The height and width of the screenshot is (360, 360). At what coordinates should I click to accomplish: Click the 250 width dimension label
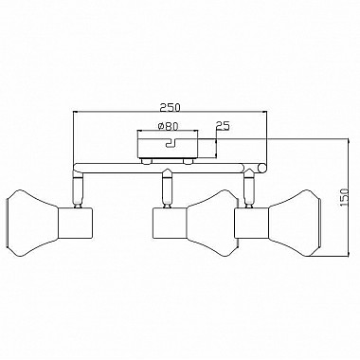pos(170,107)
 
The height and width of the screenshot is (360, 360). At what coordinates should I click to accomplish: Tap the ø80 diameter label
pos(168,126)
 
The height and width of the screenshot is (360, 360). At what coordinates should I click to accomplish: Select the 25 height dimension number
pos(223,126)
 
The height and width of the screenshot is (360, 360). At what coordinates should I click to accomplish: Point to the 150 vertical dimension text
pos(344,197)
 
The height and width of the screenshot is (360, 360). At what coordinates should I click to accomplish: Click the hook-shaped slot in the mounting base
pos(171,143)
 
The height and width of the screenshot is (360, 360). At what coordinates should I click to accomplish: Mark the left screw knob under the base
pos(146,162)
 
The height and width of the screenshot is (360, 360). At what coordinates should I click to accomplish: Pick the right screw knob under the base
pos(189,162)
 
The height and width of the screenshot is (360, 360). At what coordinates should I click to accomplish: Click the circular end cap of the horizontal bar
pos(261,169)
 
